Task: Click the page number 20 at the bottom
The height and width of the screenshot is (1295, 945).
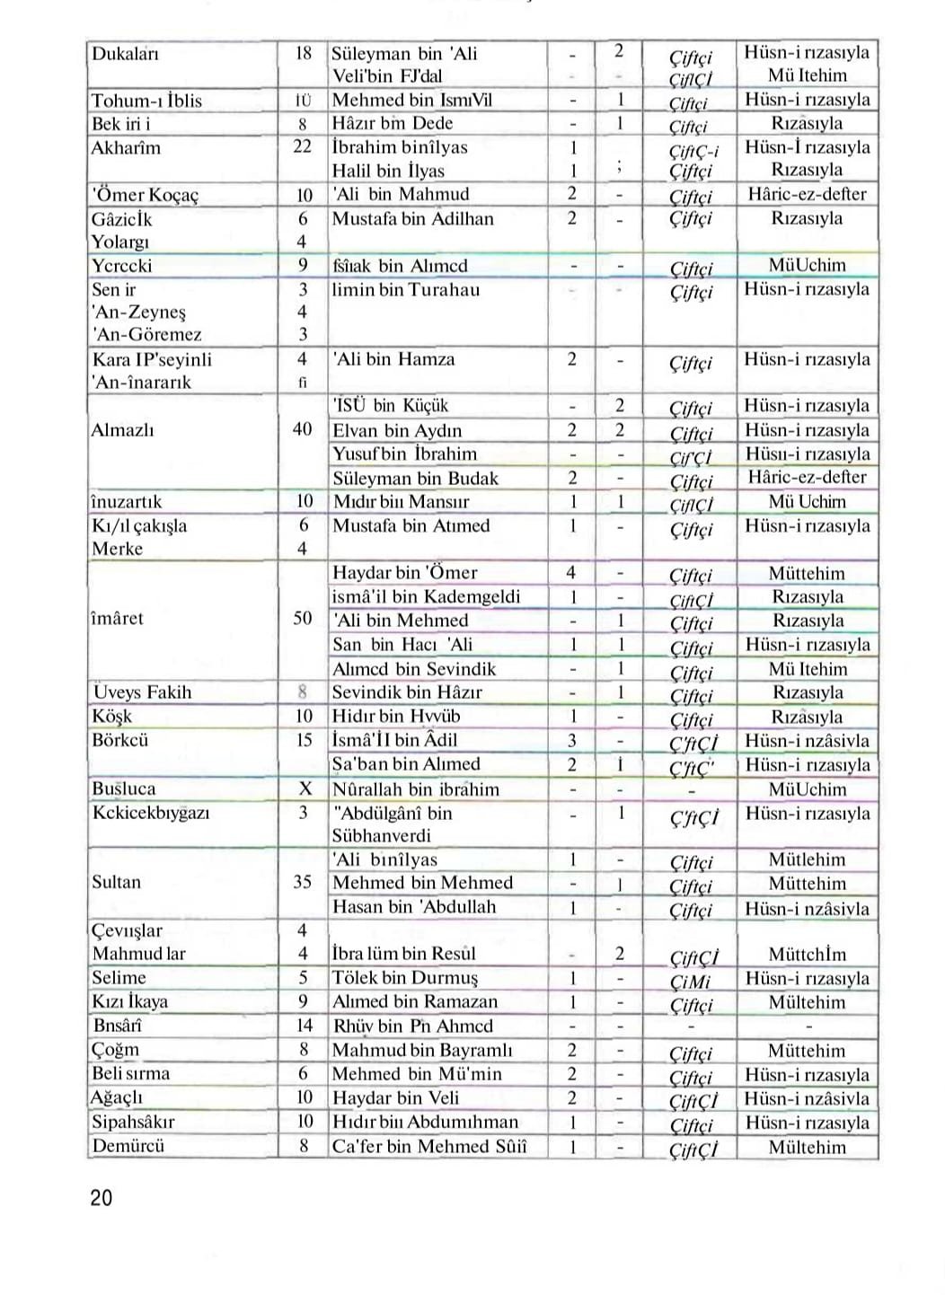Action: click(102, 1197)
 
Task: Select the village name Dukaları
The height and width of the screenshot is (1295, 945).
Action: click(125, 54)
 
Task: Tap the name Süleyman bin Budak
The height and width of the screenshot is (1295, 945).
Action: click(415, 479)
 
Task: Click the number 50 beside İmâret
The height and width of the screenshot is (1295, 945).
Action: click(303, 619)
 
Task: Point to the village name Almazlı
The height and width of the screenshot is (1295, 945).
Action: click(122, 430)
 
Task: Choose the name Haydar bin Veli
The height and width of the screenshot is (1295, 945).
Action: click(395, 1097)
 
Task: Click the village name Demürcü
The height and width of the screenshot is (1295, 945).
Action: click(128, 1146)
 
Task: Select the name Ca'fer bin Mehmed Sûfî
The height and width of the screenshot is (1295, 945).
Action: click(429, 1147)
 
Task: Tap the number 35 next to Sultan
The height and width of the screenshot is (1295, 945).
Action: click(303, 882)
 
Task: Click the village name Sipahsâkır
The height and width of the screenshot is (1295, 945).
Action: click(133, 1122)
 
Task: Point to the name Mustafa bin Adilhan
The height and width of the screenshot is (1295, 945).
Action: click(412, 218)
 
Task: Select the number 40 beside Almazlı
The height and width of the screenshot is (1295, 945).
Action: click(303, 429)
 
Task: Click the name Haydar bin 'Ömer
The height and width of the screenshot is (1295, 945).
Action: click(404, 573)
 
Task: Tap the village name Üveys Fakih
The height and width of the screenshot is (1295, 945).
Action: click(142, 692)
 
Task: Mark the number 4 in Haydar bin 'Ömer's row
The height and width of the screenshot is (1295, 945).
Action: click(571, 573)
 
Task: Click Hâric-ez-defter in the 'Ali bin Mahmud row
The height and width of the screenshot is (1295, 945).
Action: click(807, 194)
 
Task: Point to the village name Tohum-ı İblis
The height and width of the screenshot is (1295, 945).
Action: click(146, 101)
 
